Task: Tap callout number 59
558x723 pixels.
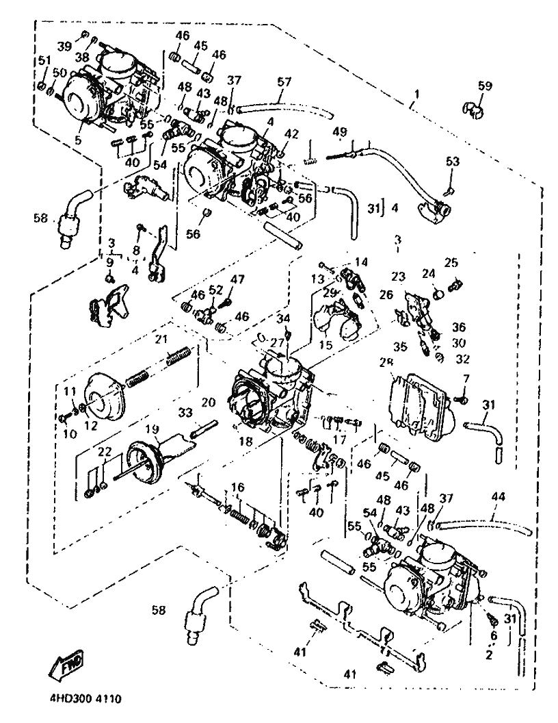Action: (485, 86)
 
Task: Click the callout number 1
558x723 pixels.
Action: (414, 92)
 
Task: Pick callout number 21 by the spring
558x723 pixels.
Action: (161, 339)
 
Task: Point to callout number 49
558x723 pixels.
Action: (340, 131)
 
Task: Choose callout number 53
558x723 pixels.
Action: (453, 162)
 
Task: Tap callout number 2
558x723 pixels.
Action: (489, 655)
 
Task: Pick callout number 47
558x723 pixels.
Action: (237, 279)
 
